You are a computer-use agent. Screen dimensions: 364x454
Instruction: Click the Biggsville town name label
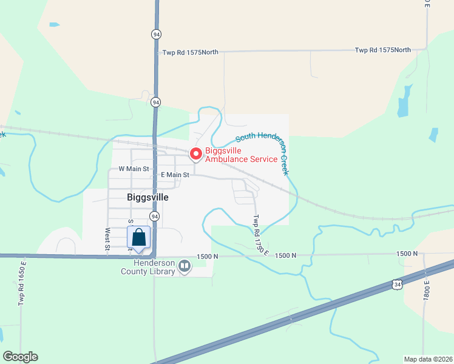(147, 197)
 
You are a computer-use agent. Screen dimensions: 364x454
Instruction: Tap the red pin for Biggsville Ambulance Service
(196, 154)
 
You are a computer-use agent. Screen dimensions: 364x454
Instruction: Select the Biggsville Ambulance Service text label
(241, 155)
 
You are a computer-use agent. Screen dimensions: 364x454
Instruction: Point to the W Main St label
(134, 169)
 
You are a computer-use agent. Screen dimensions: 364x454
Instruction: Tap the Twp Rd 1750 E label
(260, 235)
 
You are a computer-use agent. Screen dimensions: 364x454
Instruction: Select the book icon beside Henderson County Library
(185, 266)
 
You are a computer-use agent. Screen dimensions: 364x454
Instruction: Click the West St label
(107, 238)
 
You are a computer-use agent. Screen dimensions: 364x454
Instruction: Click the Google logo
(20, 357)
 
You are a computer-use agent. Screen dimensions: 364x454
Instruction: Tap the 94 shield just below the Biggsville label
(155, 217)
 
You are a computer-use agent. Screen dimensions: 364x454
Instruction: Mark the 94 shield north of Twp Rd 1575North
(157, 35)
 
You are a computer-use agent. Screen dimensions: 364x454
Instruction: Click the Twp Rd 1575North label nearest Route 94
(191, 53)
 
